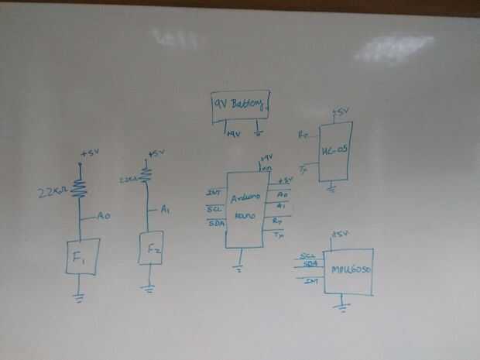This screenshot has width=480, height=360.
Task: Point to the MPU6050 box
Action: (348, 271)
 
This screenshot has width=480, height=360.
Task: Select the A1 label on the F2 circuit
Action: (165, 208)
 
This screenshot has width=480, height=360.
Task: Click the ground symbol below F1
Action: (81, 294)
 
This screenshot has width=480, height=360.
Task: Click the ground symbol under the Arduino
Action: (241, 268)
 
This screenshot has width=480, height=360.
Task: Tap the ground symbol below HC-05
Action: (331, 186)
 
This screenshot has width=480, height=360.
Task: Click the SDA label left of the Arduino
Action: (216, 223)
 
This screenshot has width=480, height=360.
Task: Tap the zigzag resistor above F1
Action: (79, 188)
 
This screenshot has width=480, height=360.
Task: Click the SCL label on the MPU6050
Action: (307, 255)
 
